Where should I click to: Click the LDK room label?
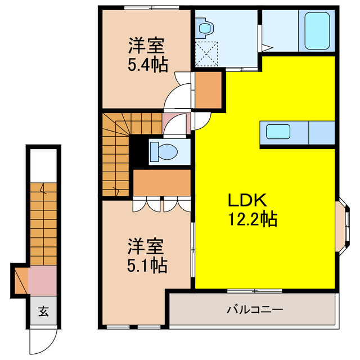tap(242, 200)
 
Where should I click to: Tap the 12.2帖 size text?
tap(252, 219)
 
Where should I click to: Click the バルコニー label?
tap(255, 309)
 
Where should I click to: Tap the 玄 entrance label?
tap(43, 311)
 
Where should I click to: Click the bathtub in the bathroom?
tap(316, 31)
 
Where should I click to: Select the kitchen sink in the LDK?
tap(278, 133)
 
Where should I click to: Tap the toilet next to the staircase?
tap(165, 151)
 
